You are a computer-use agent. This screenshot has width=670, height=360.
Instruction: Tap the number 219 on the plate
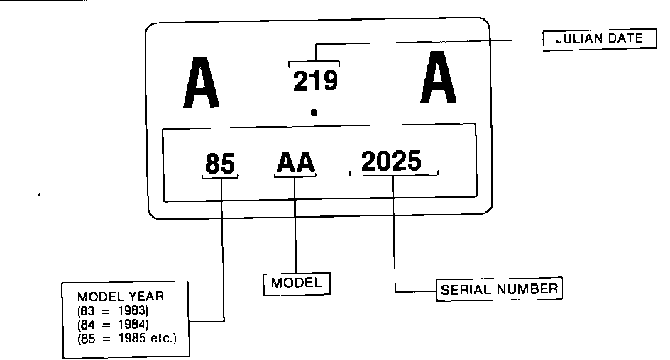point(315,81)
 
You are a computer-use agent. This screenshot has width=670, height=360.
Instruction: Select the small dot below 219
point(314,112)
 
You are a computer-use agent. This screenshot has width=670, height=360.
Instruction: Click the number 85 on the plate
point(220,164)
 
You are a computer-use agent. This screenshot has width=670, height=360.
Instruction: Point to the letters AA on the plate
point(296,164)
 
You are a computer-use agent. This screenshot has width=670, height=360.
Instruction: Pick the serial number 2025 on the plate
point(391,161)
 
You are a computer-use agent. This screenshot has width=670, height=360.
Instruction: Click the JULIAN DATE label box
point(594,40)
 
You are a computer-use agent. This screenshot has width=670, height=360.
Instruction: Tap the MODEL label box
point(297,283)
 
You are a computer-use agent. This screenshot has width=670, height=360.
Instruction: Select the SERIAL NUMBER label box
point(499,289)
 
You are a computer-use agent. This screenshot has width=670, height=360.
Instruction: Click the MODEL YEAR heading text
point(121,296)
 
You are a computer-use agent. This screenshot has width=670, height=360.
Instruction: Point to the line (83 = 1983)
point(114,310)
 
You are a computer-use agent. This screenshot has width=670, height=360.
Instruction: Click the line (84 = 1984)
point(114,325)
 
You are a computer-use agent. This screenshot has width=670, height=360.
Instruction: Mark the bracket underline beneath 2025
point(394,174)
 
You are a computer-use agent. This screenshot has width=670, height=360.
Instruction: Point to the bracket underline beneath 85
point(220,176)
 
